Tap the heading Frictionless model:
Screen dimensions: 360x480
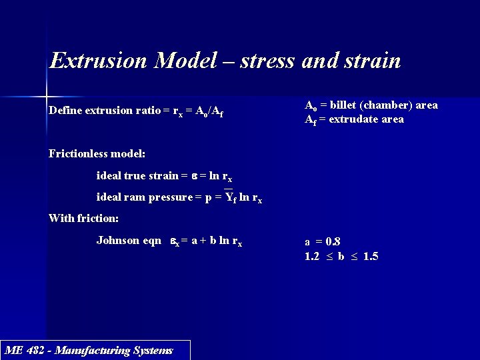point(97,153)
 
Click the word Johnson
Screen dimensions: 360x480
point(118,240)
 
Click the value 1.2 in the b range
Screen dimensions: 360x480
point(312,256)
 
